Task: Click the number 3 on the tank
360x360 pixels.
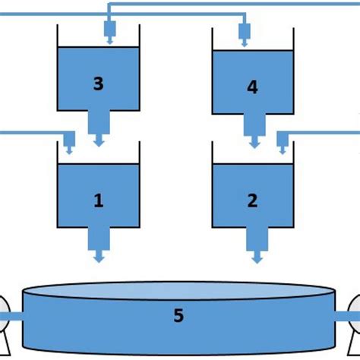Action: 98,84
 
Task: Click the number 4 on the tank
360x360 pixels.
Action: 253,88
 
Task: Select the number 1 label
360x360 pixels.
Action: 98,201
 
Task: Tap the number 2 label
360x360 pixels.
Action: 253,201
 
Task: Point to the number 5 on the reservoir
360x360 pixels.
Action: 178,314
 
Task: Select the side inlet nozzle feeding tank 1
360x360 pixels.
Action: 68,141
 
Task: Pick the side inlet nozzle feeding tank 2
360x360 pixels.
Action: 283,141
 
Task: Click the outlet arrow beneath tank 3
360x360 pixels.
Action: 99,141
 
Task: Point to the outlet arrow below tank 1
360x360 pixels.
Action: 99,258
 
